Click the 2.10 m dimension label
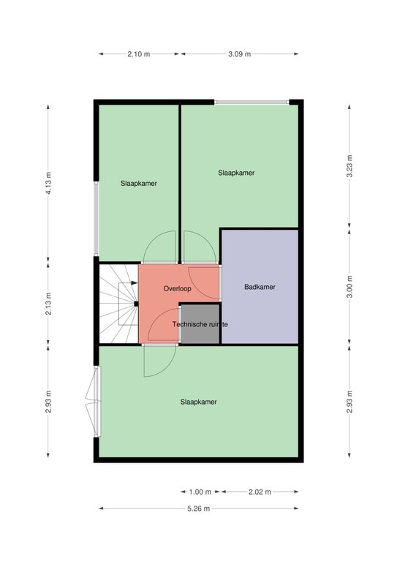(x=138, y=54)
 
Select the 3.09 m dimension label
(x=240, y=54)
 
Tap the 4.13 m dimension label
(x=48, y=183)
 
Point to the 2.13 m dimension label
(x=48, y=304)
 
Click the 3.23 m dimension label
(x=349, y=166)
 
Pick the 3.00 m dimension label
(x=349, y=286)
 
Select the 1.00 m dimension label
(x=200, y=492)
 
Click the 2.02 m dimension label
(x=260, y=492)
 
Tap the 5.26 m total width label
(x=198, y=509)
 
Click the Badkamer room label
(x=260, y=287)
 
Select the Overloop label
(x=177, y=288)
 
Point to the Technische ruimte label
(x=200, y=324)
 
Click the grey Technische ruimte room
(x=200, y=324)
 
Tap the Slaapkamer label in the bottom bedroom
(x=198, y=402)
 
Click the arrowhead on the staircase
(x=135, y=282)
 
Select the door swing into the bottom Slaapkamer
(x=160, y=361)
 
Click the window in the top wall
(x=252, y=102)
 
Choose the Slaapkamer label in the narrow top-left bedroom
(x=139, y=184)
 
